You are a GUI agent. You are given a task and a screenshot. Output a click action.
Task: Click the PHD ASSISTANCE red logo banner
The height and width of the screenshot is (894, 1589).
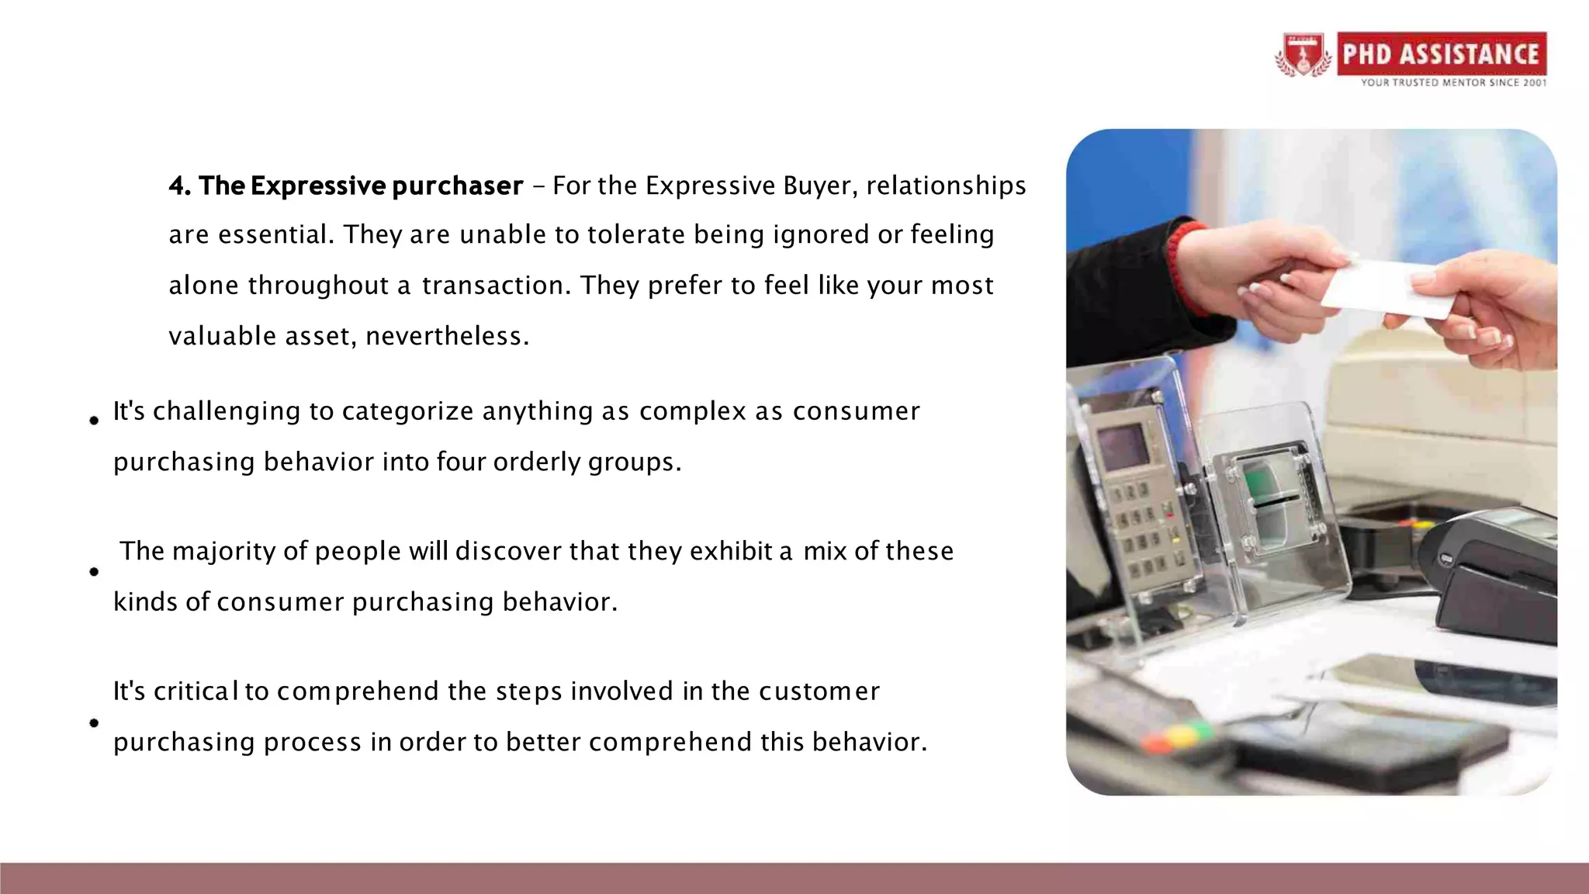[x=1441, y=54]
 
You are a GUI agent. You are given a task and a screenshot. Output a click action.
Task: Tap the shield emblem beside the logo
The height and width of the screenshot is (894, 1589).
[x=1303, y=55]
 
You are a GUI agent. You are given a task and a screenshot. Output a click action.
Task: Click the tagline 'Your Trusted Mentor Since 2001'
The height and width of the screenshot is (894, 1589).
[x=1453, y=82]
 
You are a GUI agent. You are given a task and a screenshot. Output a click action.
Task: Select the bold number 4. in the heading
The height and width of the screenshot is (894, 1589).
[x=180, y=185]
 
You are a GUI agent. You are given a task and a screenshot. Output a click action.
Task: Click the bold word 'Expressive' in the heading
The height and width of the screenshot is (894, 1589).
[x=317, y=185]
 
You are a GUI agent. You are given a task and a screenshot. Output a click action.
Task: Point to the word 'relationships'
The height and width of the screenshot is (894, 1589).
[x=946, y=185]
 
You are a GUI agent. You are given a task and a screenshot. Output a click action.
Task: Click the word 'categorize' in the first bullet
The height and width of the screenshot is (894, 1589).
[x=407, y=411]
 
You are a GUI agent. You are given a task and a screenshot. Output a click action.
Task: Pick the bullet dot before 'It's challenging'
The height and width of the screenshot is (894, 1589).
[x=94, y=421]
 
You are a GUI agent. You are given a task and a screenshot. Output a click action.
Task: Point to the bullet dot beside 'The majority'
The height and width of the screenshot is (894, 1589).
[x=94, y=572]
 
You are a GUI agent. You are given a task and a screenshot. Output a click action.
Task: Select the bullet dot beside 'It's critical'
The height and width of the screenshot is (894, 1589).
[x=94, y=723]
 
